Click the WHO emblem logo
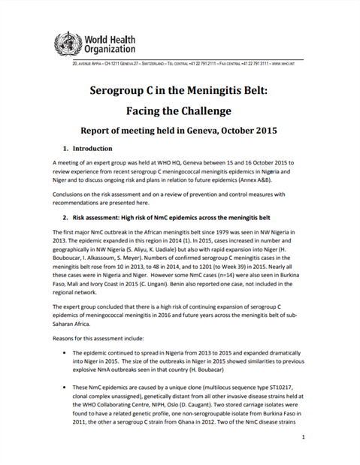[x=66, y=44]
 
